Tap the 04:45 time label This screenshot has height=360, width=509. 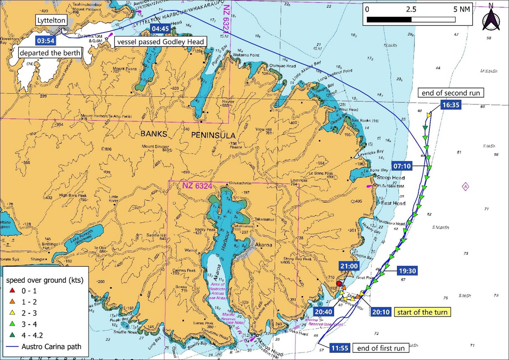[x=160, y=28]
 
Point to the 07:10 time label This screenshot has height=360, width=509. [x=402, y=166]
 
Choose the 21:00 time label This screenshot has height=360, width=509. [x=349, y=266]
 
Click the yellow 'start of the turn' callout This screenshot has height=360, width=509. [x=422, y=312]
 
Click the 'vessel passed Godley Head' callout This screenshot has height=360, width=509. [x=160, y=42]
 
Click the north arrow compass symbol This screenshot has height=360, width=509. [x=491, y=19]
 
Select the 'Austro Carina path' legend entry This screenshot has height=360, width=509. [x=44, y=347]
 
